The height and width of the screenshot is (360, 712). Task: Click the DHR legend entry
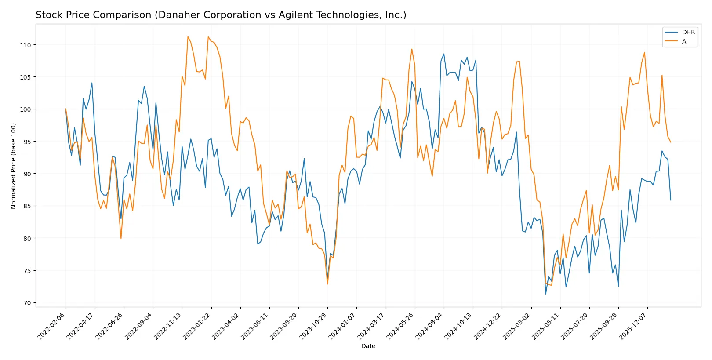[688, 32]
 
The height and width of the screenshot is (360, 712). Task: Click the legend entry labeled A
[684, 41]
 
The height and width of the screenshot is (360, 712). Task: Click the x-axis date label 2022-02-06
[52, 326]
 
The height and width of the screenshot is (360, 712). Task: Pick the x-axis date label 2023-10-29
[313, 326]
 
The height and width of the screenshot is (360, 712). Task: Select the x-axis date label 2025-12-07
[633, 326]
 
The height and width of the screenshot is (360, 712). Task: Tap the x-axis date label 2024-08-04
[430, 326]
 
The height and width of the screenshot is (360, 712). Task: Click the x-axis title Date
[368, 346]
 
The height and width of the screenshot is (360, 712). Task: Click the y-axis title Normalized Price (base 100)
[14, 166]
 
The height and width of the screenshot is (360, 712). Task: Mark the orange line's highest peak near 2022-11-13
[188, 36]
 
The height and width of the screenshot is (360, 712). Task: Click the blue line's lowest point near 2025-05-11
[546, 294]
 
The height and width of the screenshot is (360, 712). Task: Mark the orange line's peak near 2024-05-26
[412, 49]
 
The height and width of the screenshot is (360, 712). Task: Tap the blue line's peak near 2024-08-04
[443, 54]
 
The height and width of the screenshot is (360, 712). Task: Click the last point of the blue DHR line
[671, 200]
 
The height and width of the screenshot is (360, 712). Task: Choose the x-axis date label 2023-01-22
[197, 326]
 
